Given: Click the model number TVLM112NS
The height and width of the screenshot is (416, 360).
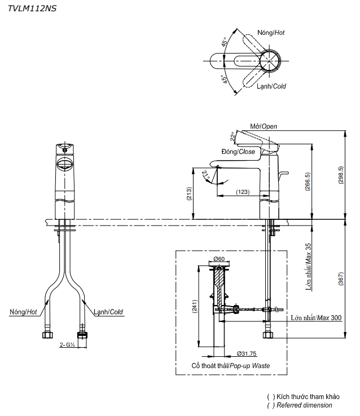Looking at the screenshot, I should pyautogui.click(x=32, y=8).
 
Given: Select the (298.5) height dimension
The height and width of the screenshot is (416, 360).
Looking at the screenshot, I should pyautogui.click(x=340, y=175).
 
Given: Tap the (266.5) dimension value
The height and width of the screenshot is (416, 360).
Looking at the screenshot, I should pyautogui.click(x=308, y=182).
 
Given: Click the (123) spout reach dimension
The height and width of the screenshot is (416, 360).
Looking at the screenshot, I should pyautogui.click(x=242, y=192).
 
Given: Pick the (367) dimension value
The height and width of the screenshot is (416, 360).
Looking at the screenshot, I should pyautogui.click(x=340, y=280).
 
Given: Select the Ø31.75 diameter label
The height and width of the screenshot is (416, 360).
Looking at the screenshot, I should pyautogui.click(x=247, y=353).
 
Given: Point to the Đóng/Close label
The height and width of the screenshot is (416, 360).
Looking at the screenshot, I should pyautogui.click(x=238, y=152).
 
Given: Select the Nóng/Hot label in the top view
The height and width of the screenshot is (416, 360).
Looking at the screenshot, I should pyautogui.click(x=271, y=33).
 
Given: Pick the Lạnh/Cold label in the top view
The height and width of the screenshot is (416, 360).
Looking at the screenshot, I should pyautogui.click(x=271, y=86).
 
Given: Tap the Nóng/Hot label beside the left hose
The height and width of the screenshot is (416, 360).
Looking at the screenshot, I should pyautogui.click(x=24, y=312).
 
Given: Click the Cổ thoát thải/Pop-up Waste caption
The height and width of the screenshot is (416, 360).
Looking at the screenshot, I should pyautogui.click(x=230, y=366).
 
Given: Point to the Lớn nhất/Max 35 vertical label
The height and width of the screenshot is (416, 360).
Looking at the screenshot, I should pyautogui.click(x=309, y=265).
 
